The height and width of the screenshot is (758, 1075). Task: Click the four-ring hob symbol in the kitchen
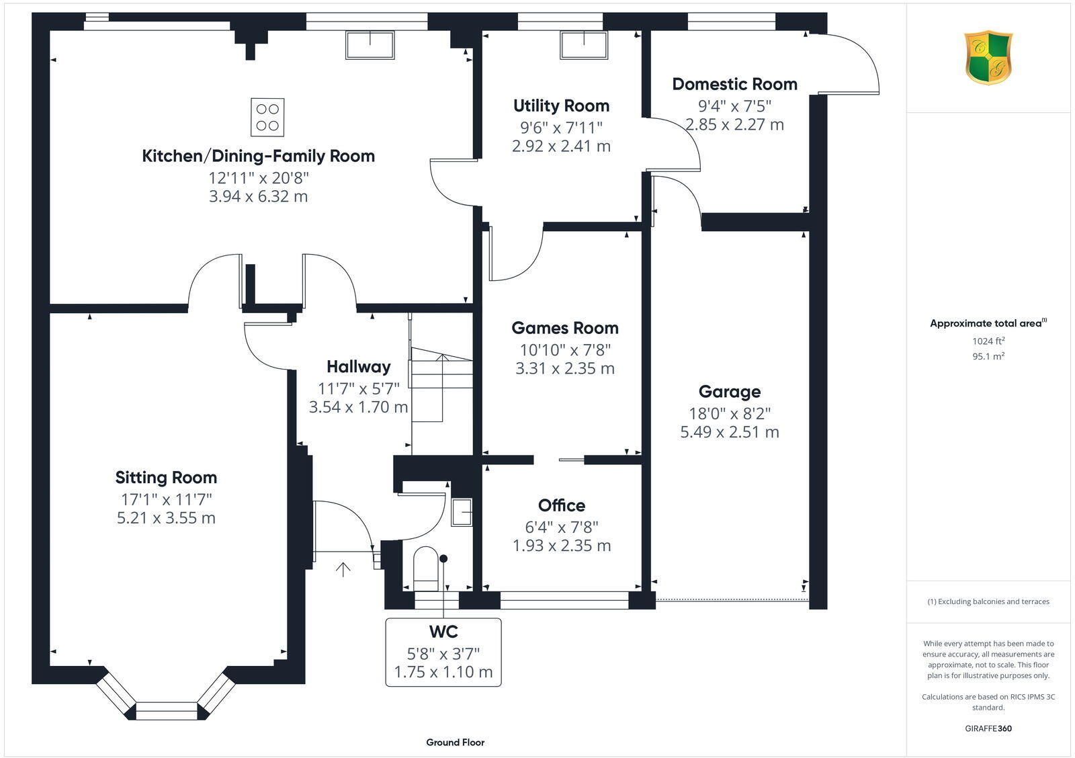267,117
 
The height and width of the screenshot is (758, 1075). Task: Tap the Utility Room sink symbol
584,45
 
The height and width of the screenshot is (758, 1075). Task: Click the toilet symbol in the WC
425,568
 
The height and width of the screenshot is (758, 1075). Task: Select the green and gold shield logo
988,58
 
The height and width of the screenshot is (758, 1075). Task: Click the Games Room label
564,328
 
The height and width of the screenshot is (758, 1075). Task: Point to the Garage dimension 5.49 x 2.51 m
729,432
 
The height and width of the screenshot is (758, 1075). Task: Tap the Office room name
561,505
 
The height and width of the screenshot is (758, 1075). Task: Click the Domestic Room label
734,84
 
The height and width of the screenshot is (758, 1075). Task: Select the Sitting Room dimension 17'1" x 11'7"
166,499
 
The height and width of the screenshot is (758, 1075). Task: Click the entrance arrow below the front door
343,570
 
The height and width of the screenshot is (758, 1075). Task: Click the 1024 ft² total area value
988,341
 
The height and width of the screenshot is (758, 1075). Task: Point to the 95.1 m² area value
988,357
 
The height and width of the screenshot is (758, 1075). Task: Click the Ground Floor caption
455,743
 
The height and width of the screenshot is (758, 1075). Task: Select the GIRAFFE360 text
988,728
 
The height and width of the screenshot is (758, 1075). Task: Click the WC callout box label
443,632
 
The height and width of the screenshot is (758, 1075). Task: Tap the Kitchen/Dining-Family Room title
258,156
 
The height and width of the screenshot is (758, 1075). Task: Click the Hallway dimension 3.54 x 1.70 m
358,407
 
